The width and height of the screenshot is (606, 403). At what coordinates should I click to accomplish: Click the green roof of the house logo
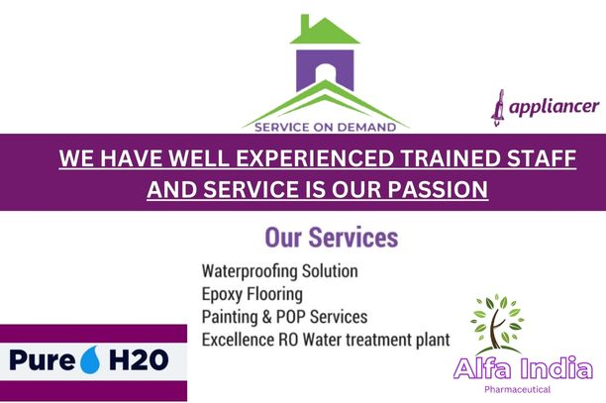(325, 30)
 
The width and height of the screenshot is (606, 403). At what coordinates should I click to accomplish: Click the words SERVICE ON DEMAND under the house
(326, 127)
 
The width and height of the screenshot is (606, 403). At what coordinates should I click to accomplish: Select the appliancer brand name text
(555, 107)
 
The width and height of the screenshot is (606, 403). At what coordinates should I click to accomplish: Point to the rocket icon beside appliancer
(498, 108)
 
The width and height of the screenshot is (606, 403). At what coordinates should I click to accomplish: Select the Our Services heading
(332, 238)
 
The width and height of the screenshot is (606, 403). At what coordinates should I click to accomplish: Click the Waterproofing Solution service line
(280, 271)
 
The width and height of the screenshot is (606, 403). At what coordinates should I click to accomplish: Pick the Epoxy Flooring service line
(252, 294)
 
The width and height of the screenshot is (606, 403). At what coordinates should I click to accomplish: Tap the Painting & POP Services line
(284, 317)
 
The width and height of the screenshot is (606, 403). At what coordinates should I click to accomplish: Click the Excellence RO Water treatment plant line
(326, 340)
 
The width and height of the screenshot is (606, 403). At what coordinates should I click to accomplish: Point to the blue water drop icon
(90, 359)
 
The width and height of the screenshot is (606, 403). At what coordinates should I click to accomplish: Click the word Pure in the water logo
(43, 360)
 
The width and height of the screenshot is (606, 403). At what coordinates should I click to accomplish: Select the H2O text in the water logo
(139, 360)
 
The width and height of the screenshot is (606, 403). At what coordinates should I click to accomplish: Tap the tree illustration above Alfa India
(497, 325)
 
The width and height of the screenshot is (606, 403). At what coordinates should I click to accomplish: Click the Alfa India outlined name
(523, 368)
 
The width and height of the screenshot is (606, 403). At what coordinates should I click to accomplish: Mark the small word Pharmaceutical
(518, 389)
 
